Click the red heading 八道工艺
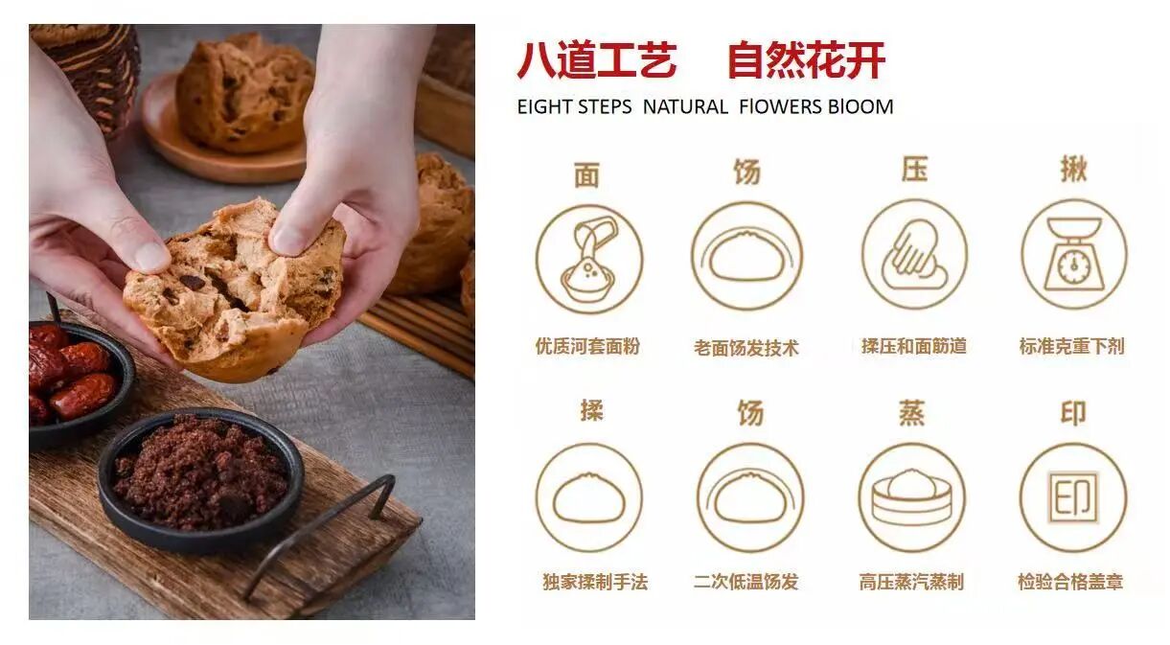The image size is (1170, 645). tap(597, 60)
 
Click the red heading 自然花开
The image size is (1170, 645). tap(807, 60)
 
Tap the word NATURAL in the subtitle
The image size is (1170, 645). tap(685, 107)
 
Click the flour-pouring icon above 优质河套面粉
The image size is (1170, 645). tap(588, 259)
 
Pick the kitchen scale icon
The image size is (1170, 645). tap(1074, 254)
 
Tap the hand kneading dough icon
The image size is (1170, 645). tap(914, 254)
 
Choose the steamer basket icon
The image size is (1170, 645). tap(912, 496)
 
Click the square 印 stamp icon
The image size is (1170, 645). tap(1073, 496)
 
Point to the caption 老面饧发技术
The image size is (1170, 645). tap(746, 348)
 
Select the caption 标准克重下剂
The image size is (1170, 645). tap(1072, 346)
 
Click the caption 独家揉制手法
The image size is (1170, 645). tap(595, 582)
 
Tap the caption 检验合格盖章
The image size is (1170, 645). tap(1070, 582)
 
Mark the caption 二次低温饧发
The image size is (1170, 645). tap(746, 582)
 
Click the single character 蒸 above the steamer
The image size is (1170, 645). tap(912, 413)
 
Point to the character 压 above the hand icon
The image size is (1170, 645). tap(914, 170)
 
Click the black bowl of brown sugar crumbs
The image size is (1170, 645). tap(201, 478)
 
